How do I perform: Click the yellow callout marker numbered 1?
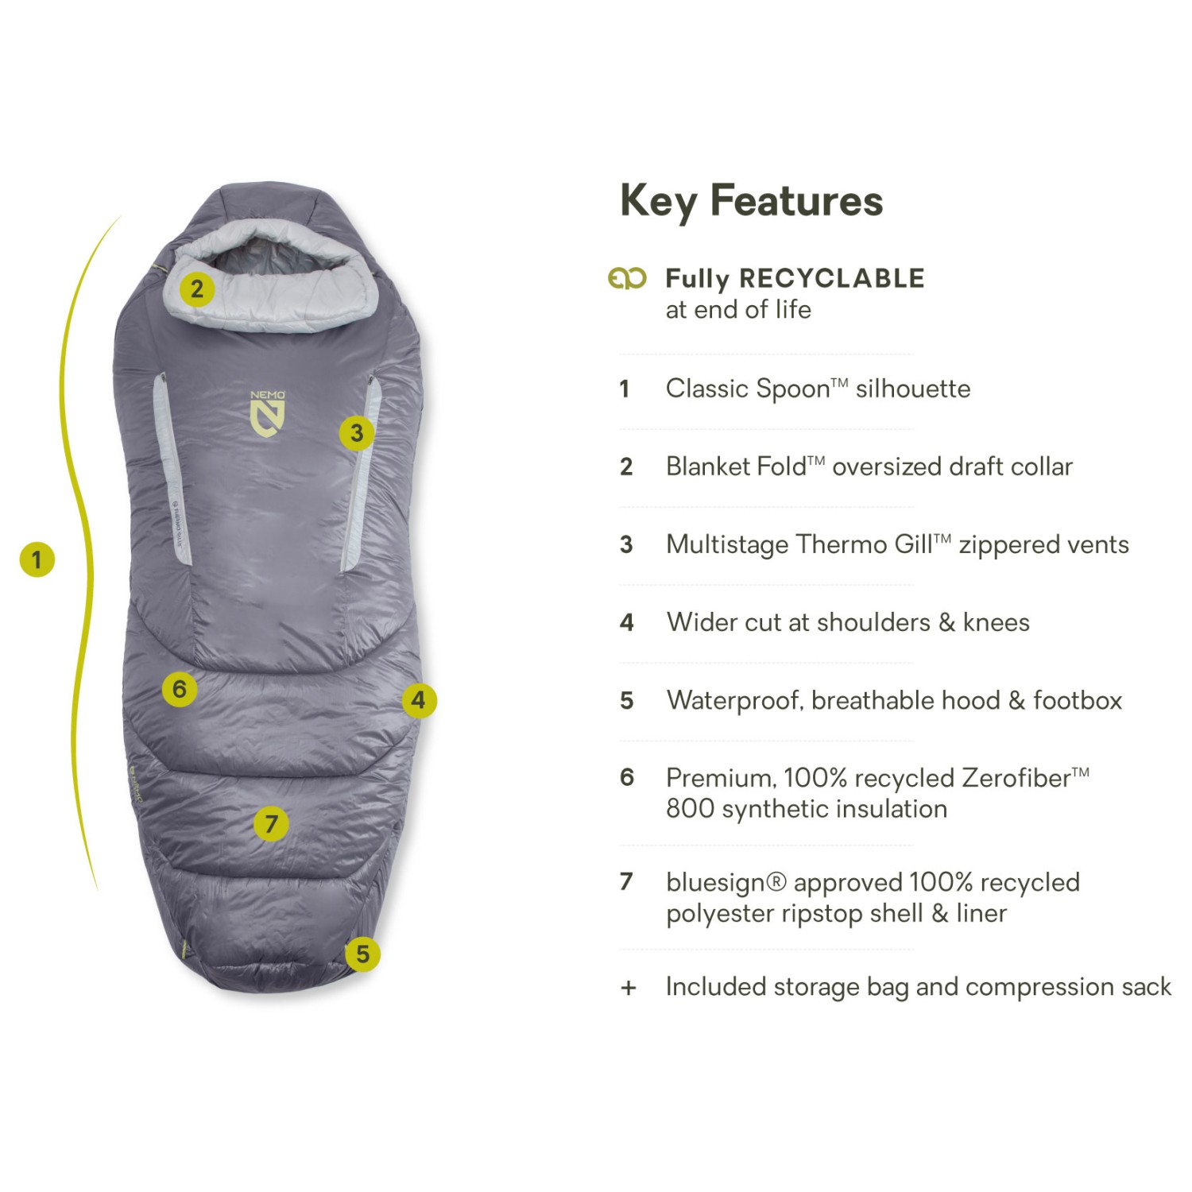[x=37, y=559]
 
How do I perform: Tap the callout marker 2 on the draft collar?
[x=197, y=288]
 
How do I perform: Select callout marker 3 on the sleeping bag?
[x=357, y=433]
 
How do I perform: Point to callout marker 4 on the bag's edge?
[x=419, y=700]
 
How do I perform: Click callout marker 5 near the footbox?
[x=362, y=954]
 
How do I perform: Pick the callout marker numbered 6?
[x=180, y=689]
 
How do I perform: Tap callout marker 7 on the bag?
[x=271, y=824]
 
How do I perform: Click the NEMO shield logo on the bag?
[x=268, y=413]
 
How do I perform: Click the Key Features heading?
[x=751, y=201]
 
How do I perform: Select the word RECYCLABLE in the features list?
[x=832, y=278]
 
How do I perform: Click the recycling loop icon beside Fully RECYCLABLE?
[x=627, y=278]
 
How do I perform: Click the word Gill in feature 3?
[x=913, y=544]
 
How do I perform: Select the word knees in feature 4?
[x=996, y=622]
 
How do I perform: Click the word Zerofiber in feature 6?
[x=1016, y=778]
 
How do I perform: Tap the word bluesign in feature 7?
[x=717, y=884]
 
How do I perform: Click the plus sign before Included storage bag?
[x=629, y=988]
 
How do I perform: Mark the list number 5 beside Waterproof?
[x=627, y=701]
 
